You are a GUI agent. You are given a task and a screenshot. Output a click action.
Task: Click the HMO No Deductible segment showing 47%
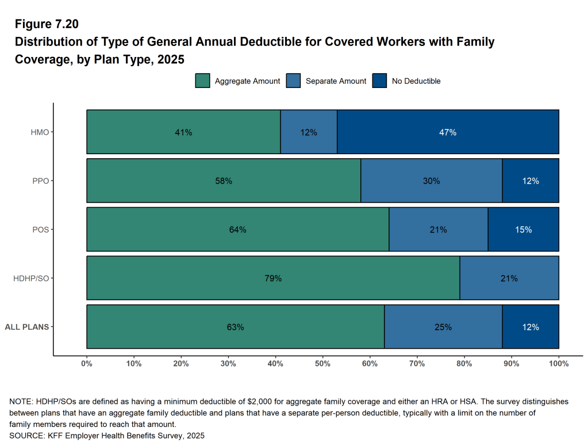448,132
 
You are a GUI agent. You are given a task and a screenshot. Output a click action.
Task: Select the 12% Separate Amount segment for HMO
309,132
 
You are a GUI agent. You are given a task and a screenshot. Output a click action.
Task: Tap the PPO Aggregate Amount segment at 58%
224,181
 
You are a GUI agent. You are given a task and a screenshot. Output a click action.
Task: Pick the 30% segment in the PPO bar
431,181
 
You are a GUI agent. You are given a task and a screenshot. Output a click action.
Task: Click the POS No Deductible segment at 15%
523,230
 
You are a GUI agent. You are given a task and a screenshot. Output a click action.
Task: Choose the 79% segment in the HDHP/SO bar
273,278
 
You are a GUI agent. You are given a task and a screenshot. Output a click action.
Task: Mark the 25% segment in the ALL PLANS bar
443,327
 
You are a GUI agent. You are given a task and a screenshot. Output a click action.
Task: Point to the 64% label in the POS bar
237,230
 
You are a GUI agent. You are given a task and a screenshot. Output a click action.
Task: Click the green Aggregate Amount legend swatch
202,81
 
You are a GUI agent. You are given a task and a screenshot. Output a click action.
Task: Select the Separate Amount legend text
336,81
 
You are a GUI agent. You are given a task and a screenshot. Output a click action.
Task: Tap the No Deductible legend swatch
379,81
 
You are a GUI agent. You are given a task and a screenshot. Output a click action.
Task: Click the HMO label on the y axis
40,132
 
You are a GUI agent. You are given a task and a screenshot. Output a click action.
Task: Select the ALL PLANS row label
26,327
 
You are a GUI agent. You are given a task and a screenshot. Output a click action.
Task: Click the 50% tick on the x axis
322,364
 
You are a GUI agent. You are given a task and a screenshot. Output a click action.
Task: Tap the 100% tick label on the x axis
559,364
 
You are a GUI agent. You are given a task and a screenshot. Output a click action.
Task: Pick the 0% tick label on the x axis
87,364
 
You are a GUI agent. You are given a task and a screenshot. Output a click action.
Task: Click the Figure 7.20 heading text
47,24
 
